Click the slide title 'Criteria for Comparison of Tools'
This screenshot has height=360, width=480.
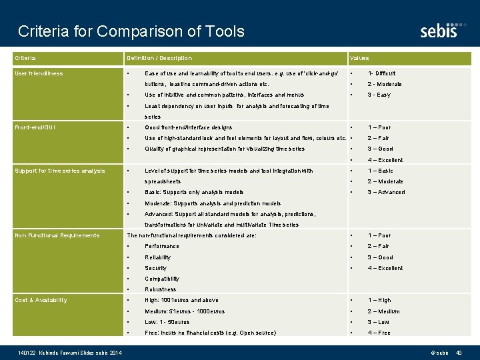click(x=131, y=31)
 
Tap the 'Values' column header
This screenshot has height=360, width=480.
click(x=359, y=59)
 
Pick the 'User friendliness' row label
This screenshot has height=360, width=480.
click(x=39, y=73)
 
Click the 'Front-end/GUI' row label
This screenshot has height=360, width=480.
click(x=35, y=127)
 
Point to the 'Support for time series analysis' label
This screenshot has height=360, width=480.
click(x=59, y=171)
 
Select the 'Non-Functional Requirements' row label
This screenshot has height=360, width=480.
click(x=57, y=235)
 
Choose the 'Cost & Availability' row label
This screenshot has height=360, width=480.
click(x=41, y=300)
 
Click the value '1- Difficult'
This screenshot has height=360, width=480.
click(x=381, y=73)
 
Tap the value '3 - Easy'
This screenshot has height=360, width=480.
click(x=379, y=95)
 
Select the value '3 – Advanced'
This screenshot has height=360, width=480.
click(x=386, y=192)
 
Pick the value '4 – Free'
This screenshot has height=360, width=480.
click(x=379, y=333)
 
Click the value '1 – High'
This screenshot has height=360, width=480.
click(x=379, y=300)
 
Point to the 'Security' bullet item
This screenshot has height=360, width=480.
click(x=155, y=268)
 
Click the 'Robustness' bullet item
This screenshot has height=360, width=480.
click(x=160, y=289)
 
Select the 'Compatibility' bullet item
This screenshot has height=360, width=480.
click(x=162, y=279)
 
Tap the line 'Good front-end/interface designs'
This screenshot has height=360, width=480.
click(x=188, y=127)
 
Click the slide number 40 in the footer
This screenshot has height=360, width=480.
click(x=459, y=352)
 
